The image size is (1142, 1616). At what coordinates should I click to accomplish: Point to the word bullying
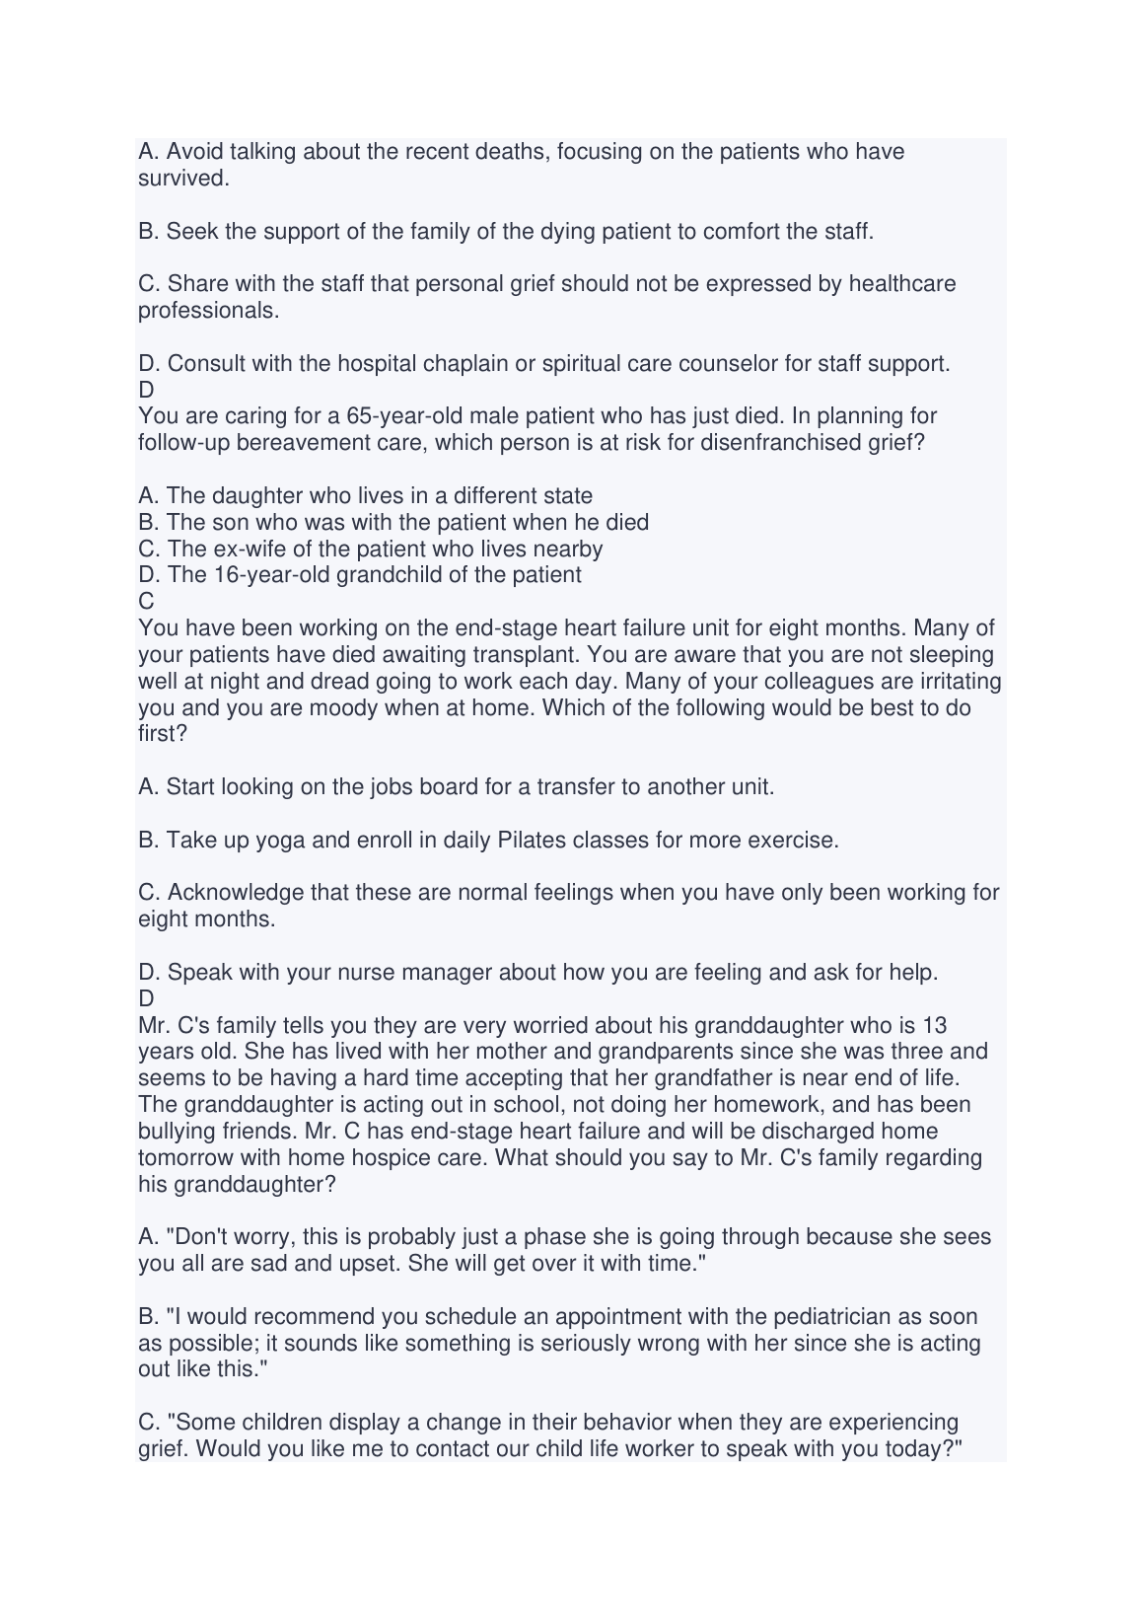(177, 1131)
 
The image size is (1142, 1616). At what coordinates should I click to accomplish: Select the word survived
(170, 179)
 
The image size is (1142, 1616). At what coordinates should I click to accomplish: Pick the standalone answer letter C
(146, 601)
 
